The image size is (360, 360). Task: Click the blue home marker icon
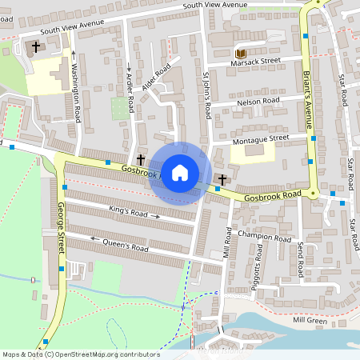tap(180, 173)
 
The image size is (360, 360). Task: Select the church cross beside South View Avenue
tap(36, 48)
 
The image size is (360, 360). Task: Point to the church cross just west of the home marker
tap(142, 160)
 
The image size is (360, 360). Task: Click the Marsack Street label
tap(256, 61)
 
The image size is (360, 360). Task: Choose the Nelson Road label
tap(258, 102)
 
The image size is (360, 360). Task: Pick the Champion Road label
tap(265, 238)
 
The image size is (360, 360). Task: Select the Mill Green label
tap(310, 320)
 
